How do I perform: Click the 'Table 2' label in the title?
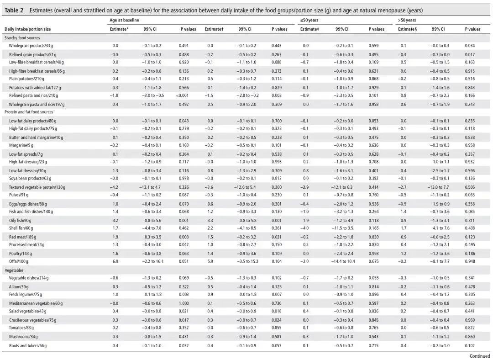[x=14, y=11]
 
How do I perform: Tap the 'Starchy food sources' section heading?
[x=22, y=38]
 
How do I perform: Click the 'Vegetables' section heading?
[x=14, y=270]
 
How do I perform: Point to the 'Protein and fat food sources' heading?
[x=29, y=112]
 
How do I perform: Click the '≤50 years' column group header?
[x=309, y=20]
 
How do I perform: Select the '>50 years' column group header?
[x=407, y=20]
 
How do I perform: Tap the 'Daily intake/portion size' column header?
[x=28, y=29]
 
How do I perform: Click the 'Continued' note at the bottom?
[x=479, y=356]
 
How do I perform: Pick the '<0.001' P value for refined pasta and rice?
[x=182, y=95]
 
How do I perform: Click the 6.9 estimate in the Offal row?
[x=115, y=261]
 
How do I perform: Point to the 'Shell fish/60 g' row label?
[x=21, y=228]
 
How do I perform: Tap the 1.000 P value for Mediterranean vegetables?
[x=184, y=303]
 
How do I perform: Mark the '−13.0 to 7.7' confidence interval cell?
[x=439, y=187]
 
